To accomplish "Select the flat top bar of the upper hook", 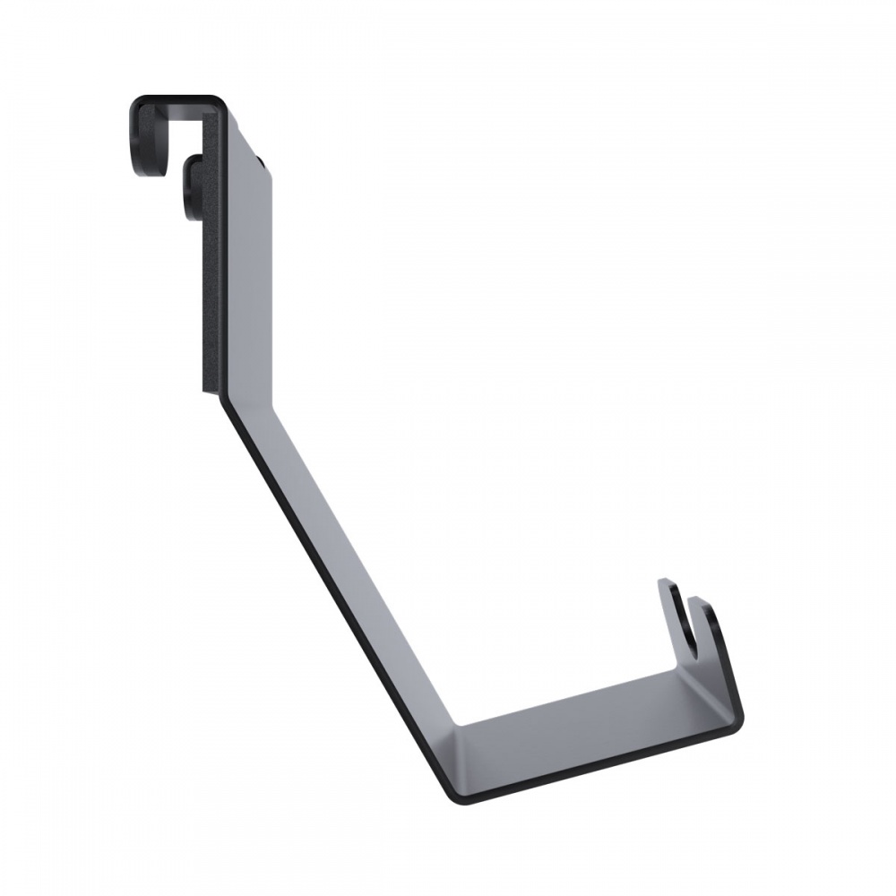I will click(179, 99).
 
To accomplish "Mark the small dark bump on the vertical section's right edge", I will click(261, 161).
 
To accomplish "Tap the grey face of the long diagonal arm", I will click(349, 556).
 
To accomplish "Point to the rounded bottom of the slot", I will click(691, 638).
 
